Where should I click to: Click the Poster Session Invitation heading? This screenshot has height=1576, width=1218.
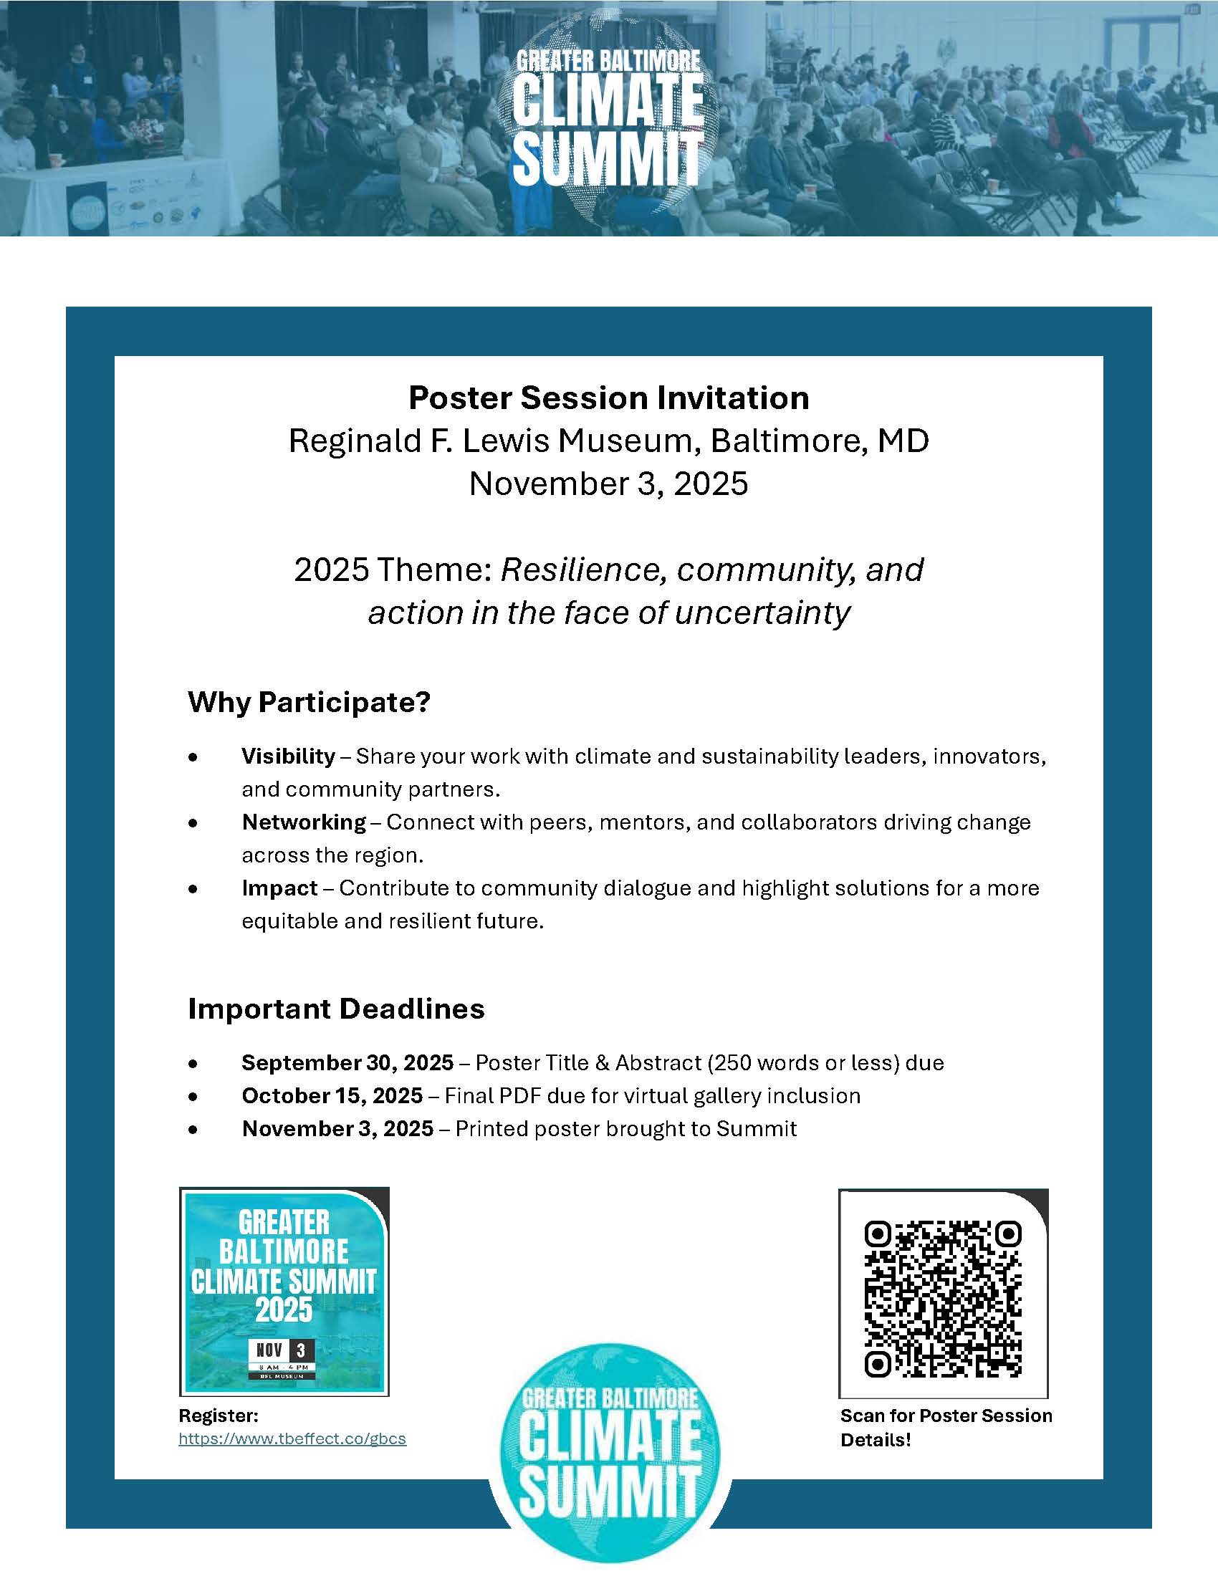[x=608, y=398]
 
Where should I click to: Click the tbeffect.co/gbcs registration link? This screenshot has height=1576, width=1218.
[x=292, y=1438]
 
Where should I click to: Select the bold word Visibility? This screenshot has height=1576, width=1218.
[x=289, y=756]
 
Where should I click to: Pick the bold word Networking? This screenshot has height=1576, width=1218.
[x=304, y=822]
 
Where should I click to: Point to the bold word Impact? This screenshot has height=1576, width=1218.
[x=280, y=888]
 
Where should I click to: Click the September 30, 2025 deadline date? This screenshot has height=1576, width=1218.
[x=347, y=1062]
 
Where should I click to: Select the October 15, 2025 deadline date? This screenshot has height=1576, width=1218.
[x=332, y=1095]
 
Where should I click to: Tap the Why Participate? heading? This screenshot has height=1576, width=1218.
[x=309, y=702]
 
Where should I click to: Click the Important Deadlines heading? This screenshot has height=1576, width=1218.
[x=336, y=1008]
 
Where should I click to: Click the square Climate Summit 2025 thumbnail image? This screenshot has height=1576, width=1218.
[x=284, y=1292]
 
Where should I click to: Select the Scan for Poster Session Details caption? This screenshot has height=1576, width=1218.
[x=945, y=1427]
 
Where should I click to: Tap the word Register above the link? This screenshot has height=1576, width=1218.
[x=218, y=1415]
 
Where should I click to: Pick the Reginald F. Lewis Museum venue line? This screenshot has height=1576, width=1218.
[x=608, y=441]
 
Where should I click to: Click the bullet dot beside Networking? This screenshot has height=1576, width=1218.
[x=193, y=822]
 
